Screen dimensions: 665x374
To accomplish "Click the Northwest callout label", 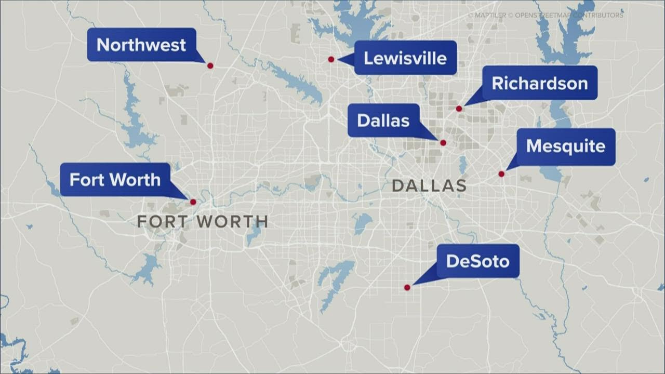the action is pyautogui.click(x=141, y=45).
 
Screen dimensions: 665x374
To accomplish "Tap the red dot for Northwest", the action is pyautogui.click(x=210, y=66).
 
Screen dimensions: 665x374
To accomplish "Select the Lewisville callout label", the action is pyautogui.click(x=405, y=58).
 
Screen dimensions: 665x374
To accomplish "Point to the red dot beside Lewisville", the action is pyautogui.click(x=331, y=59).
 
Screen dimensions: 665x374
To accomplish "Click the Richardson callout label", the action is pyautogui.click(x=539, y=83).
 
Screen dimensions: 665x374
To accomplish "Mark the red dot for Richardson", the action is pyautogui.click(x=459, y=109).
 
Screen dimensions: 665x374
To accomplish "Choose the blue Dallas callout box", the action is pyautogui.click(x=383, y=121).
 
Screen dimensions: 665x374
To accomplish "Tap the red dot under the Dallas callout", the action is pyautogui.click(x=443, y=143).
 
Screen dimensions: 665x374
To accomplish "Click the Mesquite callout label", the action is pyautogui.click(x=565, y=146).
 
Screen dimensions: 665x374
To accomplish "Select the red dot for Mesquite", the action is pyautogui.click(x=501, y=174).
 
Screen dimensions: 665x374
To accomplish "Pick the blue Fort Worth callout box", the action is pyautogui.click(x=115, y=180).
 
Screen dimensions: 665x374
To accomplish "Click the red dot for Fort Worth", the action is pyautogui.click(x=193, y=202).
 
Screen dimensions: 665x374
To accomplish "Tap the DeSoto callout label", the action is pyautogui.click(x=477, y=261).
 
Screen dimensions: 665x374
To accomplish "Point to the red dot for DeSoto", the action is pyautogui.click(x=407, y=287).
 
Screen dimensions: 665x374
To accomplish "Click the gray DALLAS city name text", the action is pyautogui.click(x=429, y=185).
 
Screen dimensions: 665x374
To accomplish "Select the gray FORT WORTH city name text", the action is pyautogui.click(x=203, y=222).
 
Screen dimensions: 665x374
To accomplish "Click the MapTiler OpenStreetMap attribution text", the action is pyautogui.click(x=545, y=16).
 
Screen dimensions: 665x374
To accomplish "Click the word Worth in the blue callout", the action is pyautogui.click(x=137, y=180).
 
